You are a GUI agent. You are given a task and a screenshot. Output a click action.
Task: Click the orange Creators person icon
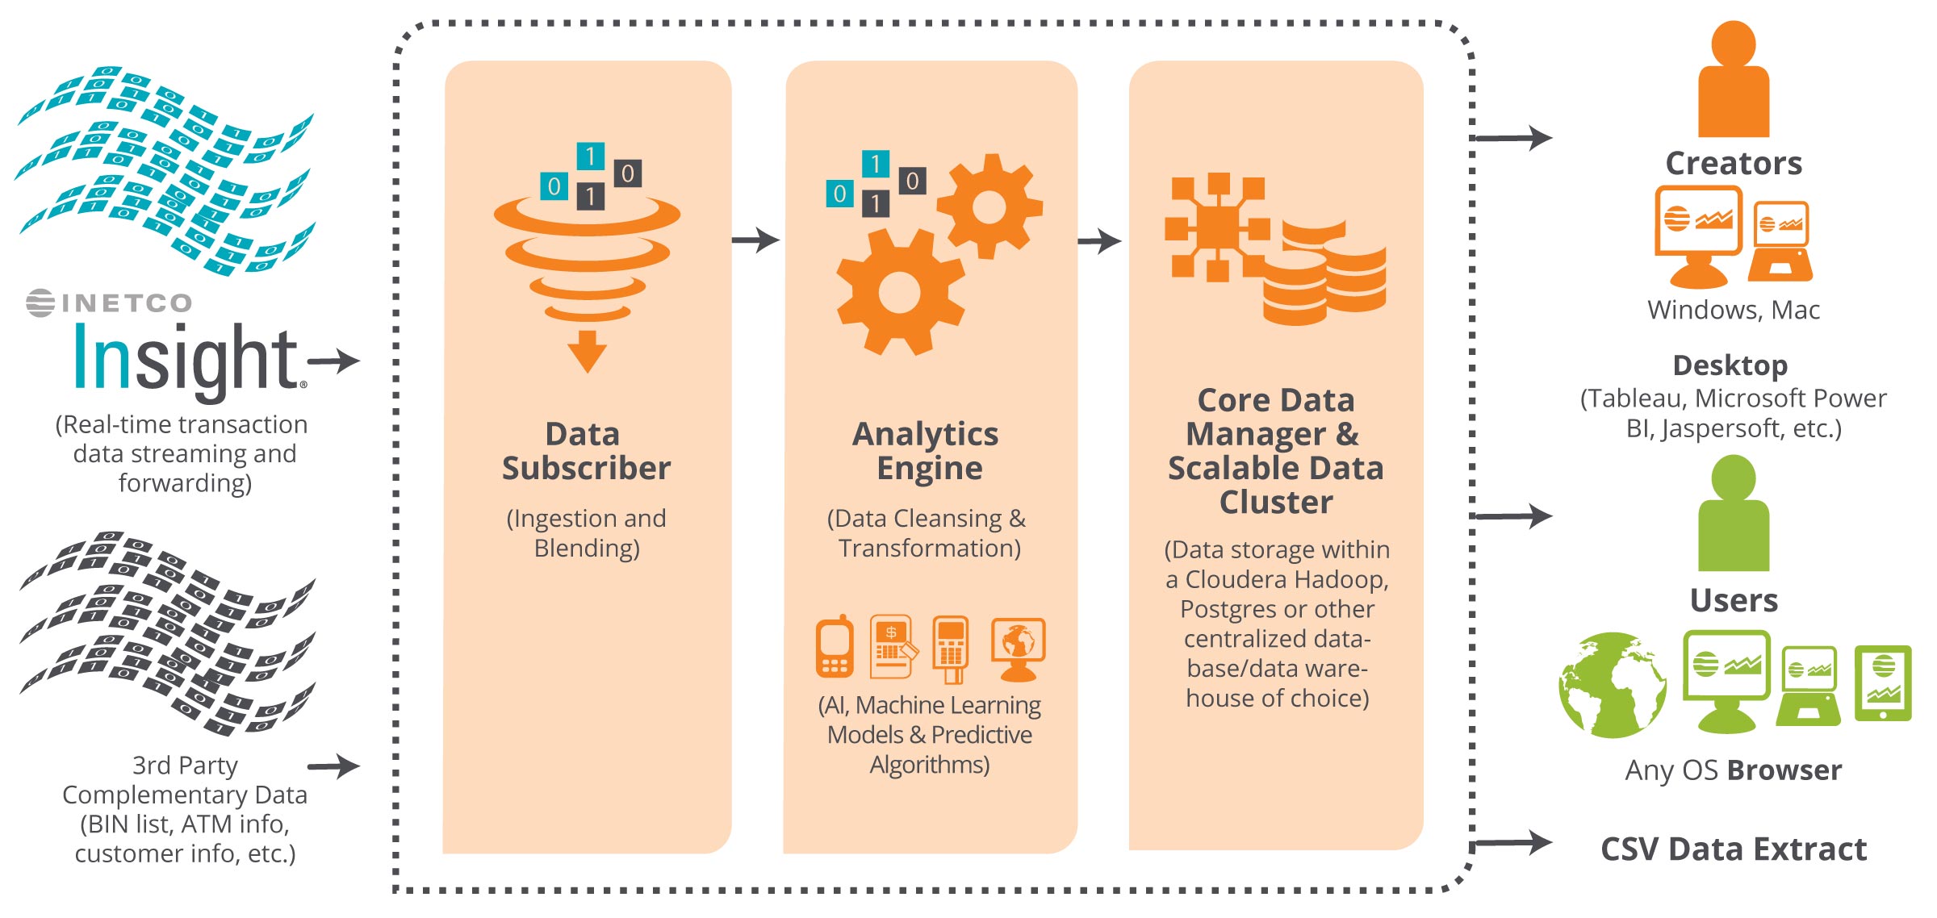tap(1733, 81)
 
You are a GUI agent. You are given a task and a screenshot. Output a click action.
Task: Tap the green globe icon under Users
tap(1612, 685)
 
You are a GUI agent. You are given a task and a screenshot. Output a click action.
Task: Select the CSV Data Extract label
tap(1734, 849)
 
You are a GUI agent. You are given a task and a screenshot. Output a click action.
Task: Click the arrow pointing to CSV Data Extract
tap(1513, 843)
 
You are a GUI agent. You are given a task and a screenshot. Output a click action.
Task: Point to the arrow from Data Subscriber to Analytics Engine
tap(755, 240)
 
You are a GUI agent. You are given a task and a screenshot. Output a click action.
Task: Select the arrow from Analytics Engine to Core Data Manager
tap(1099, 240)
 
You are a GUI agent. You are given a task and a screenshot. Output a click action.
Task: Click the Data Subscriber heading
tap(586, 451)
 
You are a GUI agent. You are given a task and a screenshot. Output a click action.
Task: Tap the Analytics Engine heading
tap(927, 451)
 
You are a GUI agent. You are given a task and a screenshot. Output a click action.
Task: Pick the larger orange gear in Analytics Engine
tap(899, 292)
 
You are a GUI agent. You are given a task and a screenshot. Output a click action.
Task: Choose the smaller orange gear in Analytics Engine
tap(989, 207)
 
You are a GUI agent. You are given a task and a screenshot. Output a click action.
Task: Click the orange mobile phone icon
tap(835, 648)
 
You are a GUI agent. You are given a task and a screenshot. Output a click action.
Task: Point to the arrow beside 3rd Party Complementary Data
tap(333, 766)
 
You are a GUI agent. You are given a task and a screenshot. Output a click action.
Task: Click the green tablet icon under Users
tap(1883, 682)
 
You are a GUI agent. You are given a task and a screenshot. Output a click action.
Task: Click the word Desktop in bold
tap(1730, 365)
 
